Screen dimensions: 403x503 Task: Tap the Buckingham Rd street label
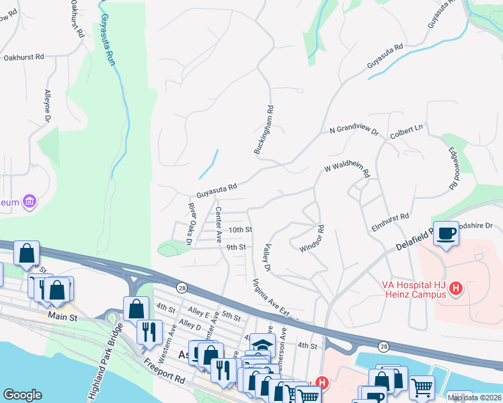264,130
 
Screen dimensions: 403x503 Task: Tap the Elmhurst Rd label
390,222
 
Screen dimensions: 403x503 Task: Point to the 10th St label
240,230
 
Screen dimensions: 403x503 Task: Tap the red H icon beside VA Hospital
456,289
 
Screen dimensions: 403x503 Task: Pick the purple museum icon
28,201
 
